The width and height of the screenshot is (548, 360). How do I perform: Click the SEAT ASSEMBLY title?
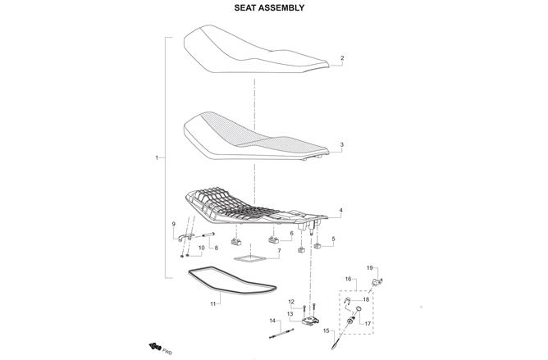click(269, 7)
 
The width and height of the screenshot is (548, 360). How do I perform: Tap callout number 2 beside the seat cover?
click(342, 58)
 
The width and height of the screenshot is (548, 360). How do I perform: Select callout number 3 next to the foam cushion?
click(342, 144)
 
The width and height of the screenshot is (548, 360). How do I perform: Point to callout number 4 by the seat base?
click(340, 211)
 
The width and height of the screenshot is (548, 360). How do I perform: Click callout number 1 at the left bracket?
click(156, 157)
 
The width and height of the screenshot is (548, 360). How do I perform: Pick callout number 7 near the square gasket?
click(279, 251)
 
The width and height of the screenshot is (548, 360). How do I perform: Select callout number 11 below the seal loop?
click(212, 303)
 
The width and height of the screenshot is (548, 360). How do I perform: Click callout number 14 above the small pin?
click(272, 321)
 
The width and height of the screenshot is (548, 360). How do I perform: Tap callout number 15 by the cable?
click(326, 330)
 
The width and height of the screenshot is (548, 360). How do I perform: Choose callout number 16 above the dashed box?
click(348, 279)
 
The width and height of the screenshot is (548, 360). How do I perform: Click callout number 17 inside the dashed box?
click(368, 324)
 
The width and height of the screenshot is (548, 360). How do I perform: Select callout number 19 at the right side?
click(370, 267)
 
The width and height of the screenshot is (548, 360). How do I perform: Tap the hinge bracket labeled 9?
click(185, 237)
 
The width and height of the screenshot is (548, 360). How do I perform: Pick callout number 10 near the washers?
click(201, 248)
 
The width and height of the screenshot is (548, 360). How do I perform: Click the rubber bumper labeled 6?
click(274, 240)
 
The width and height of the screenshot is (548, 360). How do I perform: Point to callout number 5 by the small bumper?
click(333, 239)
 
